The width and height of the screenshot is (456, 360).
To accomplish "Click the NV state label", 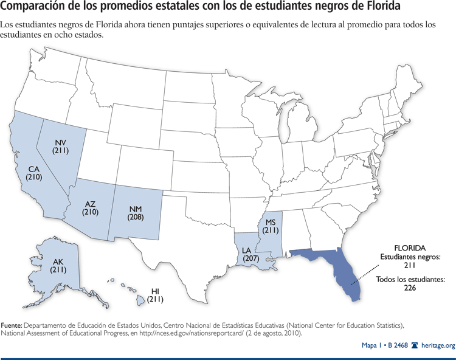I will point(60,140).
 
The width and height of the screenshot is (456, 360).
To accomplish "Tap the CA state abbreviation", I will point(33,168).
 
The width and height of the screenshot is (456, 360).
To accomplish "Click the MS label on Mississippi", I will point(271,221).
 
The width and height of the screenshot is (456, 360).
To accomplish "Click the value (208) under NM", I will point(136,217).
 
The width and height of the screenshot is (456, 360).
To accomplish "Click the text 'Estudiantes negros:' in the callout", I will point(410,257).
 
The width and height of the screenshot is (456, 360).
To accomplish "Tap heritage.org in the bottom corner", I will point(437,346).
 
